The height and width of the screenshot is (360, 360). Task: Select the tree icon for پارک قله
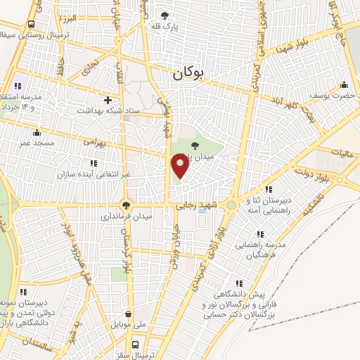pos(165,15)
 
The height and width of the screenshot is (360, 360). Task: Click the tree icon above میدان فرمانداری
pos(127,205)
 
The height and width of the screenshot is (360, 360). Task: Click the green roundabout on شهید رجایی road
pos(231,205)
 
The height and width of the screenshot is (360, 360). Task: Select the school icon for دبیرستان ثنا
pos(269,188)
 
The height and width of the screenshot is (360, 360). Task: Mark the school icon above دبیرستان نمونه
pos(22,291)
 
